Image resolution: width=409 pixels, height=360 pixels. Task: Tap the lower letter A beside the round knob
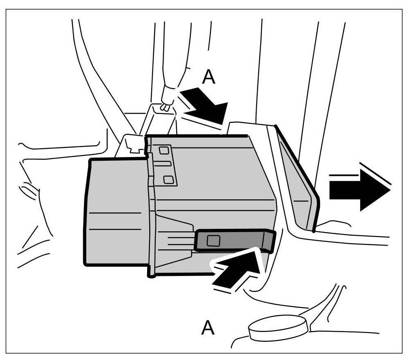click(208, 328)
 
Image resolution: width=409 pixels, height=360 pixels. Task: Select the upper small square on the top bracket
click(164, 150)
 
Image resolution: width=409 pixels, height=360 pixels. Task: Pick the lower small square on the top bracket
click(167, 179)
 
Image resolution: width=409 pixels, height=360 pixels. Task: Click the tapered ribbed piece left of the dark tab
click(174, 242)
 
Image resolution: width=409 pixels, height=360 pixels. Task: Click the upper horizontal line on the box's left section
click(115, 213)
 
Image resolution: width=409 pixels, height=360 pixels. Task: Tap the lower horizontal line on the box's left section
click(115, 229)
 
